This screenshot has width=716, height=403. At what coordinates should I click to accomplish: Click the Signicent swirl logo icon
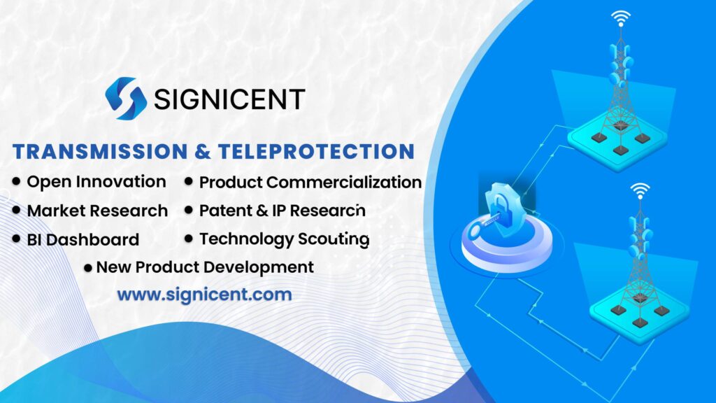tap(126, 98)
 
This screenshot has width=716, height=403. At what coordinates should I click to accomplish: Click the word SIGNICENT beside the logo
tap(229, 99)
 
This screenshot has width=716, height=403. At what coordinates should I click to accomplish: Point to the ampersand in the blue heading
tap(203, 152)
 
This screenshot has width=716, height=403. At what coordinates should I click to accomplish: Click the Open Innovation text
tap(96, 182)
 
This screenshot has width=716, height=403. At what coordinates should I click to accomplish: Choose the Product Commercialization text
tap(310, 183)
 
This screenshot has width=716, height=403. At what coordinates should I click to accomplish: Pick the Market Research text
tap(97, 211)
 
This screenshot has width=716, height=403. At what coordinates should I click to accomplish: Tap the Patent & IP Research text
tap(282, 211)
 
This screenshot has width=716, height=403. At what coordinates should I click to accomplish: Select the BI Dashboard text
tap(83, 240)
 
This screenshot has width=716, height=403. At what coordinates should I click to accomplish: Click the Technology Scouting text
tap(284, 239)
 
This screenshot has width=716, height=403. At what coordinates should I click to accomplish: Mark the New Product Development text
tap(205, 267)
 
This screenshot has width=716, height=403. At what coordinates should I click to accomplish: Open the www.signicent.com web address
tap(204, 295)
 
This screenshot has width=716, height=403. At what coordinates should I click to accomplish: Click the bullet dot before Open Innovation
tap(16, 182)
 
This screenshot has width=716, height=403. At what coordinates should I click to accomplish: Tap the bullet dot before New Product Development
tap(88, 268)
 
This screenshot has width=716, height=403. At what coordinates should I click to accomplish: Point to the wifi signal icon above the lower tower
tap(638, 190)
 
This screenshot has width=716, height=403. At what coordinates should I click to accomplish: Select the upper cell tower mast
tap(618, 84)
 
